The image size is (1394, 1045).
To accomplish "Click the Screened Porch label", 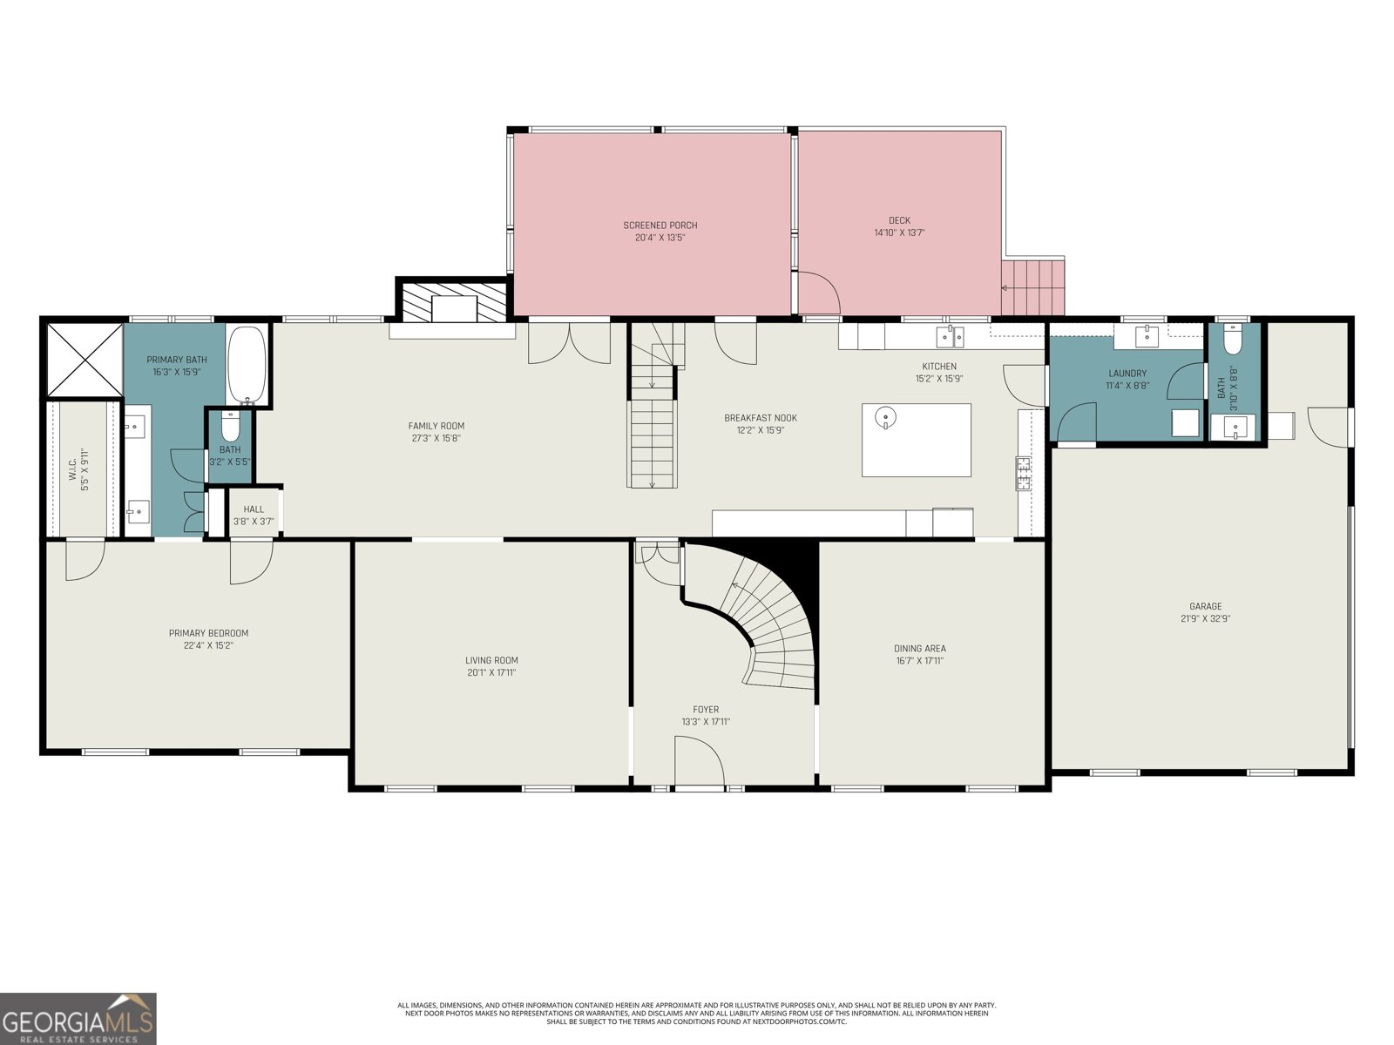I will click(660, 226).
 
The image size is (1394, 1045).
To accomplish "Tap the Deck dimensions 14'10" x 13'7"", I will click(899, 233).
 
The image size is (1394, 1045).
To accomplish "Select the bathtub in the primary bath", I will click(248, 365).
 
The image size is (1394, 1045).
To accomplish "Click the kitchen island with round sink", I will click(916, 440).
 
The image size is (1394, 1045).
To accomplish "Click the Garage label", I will click(1205, 606).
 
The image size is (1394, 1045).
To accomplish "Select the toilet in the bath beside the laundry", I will click(1232, 340).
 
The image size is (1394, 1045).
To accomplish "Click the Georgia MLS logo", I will click(78, 1018).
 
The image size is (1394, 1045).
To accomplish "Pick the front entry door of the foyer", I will click(699, 763).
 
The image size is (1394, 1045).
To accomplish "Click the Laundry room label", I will click(1127, 374).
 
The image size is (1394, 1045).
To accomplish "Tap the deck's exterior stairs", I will click(1033, 287).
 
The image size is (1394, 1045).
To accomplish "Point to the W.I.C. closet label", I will click(73, 470).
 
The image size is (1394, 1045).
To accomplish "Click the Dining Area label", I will click(919, 648).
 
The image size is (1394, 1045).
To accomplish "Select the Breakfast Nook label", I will click(760, 418).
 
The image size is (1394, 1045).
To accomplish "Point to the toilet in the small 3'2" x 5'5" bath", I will click(230, 428).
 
